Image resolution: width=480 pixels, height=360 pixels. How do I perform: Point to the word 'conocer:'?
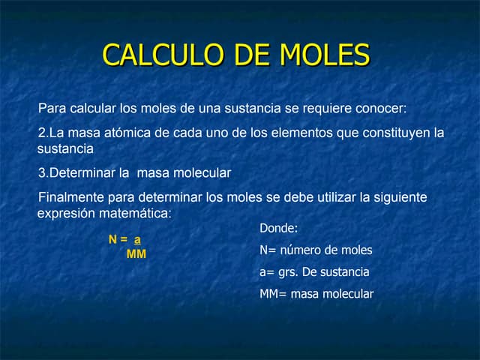[381, 108]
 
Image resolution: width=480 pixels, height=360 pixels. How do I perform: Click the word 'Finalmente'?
[72, 197]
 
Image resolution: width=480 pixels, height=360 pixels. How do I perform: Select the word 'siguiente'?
[401, 197]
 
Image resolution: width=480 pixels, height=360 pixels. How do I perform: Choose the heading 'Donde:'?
[279, 228]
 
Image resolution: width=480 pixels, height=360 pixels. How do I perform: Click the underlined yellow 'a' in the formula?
[137, 240]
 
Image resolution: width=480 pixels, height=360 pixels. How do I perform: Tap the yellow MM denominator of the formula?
[136, 254]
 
